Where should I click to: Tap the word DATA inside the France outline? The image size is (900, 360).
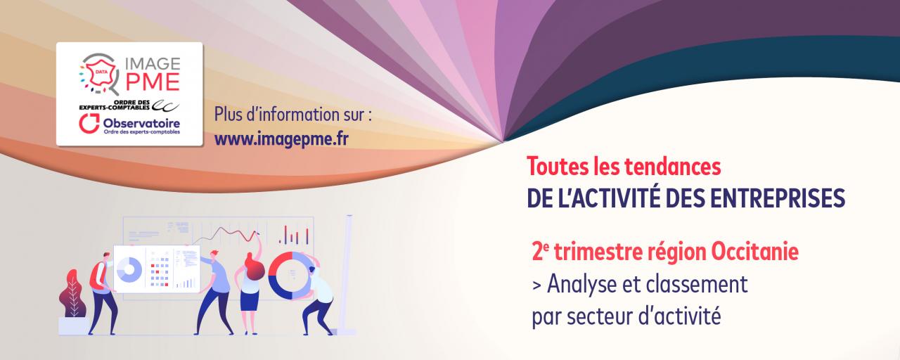click(x=99, y=72)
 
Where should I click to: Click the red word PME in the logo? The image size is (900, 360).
click(x=153, y=82)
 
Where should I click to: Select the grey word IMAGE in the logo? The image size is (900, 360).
click(x=153, y=63)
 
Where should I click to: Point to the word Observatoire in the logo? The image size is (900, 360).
click(x=141, y=123)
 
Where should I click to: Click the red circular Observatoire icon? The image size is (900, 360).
click(x=89, y=123)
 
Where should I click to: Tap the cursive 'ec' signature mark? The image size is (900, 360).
click(x=165, y=105)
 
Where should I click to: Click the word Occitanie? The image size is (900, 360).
click(x=754, y=252)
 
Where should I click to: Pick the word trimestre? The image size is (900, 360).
click(x=598, y=252)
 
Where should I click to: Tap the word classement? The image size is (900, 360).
click(x=697, y=285)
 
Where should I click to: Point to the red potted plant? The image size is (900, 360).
click(x=72, y=293)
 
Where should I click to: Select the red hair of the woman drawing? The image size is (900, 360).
click(x=253, y=265)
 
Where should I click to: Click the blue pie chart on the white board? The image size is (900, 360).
click(x=129, y=269)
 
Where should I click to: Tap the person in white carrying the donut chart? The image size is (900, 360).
click(x=319, y=297)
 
